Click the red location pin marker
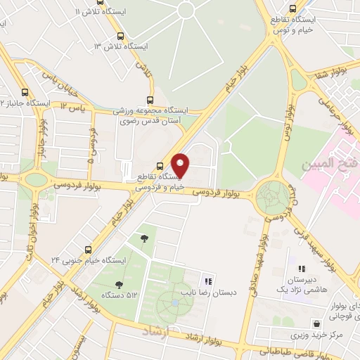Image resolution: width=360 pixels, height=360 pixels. pos(181,165)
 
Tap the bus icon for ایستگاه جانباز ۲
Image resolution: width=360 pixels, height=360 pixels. pos(25,92)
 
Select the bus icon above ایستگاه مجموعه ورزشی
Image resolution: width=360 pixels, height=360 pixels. pos(149,100)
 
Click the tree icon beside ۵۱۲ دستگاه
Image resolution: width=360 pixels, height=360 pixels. pos(117,285)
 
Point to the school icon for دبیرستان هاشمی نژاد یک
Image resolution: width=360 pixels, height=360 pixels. pos(302,269)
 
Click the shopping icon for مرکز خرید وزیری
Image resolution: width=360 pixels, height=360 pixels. pos(318,324)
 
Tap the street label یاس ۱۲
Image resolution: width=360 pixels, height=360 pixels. pos(72,106)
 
